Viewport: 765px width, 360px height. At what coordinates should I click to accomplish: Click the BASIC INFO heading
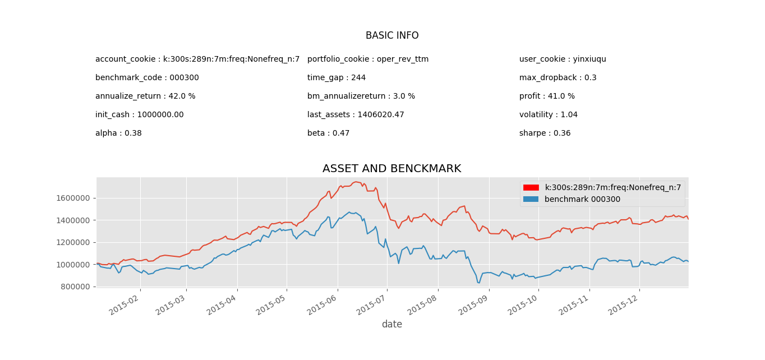pyautogui.click(x=392, y=36)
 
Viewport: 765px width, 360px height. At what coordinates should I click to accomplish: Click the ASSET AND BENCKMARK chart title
pyautogui.click(x=391, y=169)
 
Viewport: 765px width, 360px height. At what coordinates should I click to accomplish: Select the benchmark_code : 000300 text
pyautogui.click(x=147, y=78)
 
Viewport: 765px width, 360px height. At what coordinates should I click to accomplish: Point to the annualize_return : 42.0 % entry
pyautogui.click(x=145, y=96)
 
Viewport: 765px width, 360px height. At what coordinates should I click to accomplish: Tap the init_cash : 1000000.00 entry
pyautogui.click(x=139, y=115)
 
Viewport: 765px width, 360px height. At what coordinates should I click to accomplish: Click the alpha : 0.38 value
pyautogui.click(x=118, y=133)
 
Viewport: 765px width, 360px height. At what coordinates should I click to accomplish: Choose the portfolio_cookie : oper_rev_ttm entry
pyautogui.click(x=368, y=59)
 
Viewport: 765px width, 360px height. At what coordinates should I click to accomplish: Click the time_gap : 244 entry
pyautogui.click(x=336, y=78)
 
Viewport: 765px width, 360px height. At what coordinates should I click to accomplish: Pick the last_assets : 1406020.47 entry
pyautogui.click(x=356, y=115)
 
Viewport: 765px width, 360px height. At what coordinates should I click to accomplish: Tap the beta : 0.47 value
pyautogui.click(x=328, y=133)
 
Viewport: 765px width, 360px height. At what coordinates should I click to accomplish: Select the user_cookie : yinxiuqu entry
pyautogui.click(x=563, y=59)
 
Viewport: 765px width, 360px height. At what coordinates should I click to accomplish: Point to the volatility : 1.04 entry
pyautogui.click(x=548, y=115)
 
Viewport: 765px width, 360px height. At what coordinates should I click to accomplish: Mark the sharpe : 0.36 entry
pyautogui.click(x=545, y=133)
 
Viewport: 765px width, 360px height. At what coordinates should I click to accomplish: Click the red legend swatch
pyautogui.click(x=531, y=188)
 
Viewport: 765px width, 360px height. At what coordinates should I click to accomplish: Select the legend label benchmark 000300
pyautogui.click(x=582, y=199)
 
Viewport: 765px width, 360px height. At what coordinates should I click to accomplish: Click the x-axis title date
pyautogui.click(x=391, y=325)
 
